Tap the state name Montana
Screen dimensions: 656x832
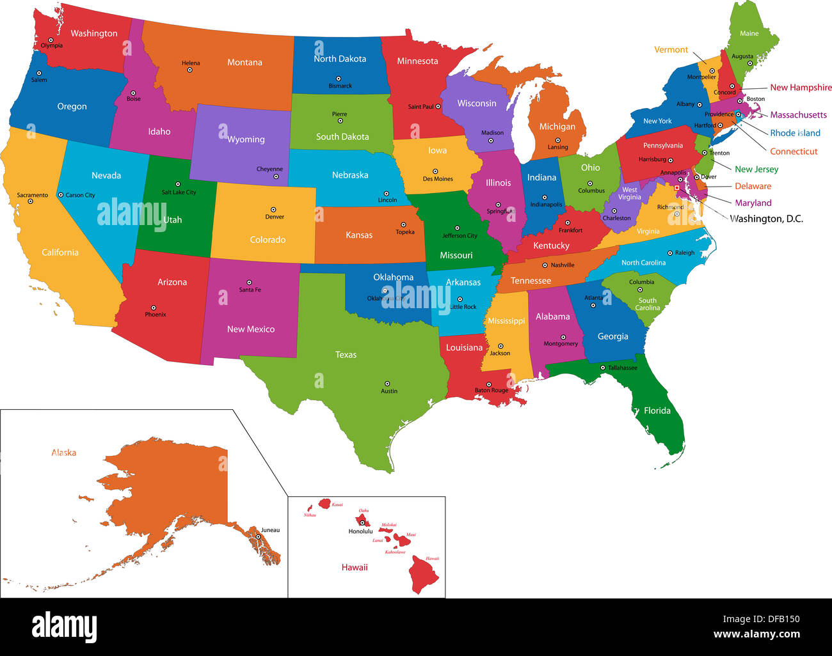click(x=244, y=63)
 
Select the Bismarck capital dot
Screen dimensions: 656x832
click(x=339, y=79)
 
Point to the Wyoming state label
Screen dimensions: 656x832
click(x=246, y=139)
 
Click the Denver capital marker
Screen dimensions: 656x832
click(x=273, y=210)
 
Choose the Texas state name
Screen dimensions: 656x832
click(x=346, y=355)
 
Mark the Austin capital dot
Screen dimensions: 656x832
click(x=386, y=384)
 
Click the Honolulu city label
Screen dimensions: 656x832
click(x=360, y=531)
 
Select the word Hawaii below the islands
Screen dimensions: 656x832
click(x=355, y=568)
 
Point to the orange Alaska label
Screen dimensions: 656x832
click(x=64, y=453)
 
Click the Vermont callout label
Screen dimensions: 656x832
click(x=671, y=50)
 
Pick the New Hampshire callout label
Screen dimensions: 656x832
click(x=801, y=88)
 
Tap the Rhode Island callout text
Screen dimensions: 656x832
click(x=795, y=133)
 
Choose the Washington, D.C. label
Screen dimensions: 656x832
click(x=766, y=219)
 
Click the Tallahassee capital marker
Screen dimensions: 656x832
click(x=603, y=368)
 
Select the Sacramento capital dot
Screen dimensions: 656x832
click(x=30, y=201)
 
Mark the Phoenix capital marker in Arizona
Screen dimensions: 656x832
click(x=154, y=308)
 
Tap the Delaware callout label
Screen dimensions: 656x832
click(x=753, y=186)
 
